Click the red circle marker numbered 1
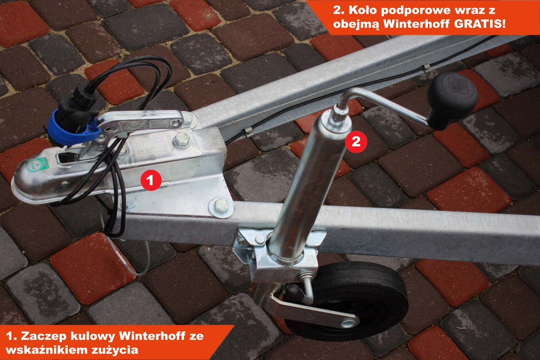151,180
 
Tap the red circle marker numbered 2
356,141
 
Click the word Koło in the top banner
362,10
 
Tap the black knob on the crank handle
451,99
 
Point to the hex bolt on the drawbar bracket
221,206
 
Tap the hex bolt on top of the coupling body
181,139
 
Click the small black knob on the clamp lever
293,293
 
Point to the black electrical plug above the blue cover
77,104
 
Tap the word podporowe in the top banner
414,11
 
